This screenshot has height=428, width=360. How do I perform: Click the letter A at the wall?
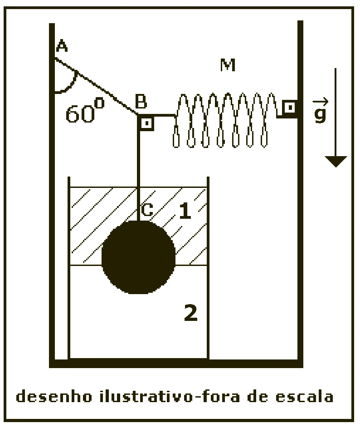pyautogui.click(x=62, y=45)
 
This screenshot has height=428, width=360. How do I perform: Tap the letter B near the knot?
pyautogui.click(x=141, y=101)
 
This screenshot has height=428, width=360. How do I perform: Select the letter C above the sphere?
pyautogui.click(x=147, y=210)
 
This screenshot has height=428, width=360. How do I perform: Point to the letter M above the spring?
pyautogui.click(x=228, y=65)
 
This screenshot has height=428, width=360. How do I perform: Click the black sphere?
pyautogui.click(x=139, y=257)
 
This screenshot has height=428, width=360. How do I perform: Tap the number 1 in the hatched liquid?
pyautogui.click(x=185, y=211)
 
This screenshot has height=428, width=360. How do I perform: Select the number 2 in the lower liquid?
pyautogui.click(x=190, y=312)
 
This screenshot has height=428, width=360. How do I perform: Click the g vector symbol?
pyautogui.click(x=321, y=111)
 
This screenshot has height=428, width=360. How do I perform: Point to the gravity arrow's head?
pyautogui.click(x=336, y=161)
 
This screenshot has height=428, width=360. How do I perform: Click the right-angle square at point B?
pyautogui.click(x=147, y=123)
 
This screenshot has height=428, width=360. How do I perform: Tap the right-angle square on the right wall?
pyautogui.click(x=290, y=108)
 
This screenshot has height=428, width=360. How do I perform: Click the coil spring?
pyautogui.click(x=225, y=120)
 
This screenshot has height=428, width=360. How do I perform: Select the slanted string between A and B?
pyautogui.click(x=96, y=86)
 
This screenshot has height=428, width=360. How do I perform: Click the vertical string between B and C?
pyautogui.click(x=138, y=168)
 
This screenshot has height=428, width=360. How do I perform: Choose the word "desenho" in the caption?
pyautogui.click(x=54, y=396)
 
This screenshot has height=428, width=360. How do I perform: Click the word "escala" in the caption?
pyautogui.click(x=304, y=396)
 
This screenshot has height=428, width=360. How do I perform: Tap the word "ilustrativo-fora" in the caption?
pyautogui.click(x=170, y=396)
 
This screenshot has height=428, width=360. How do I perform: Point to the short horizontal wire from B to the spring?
pyautogui.click(x=164, y=115)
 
